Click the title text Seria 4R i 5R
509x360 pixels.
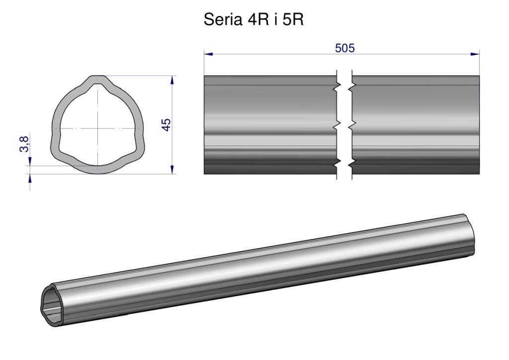[254, 20]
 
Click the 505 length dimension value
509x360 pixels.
[345, 48]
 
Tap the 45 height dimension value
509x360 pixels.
[166, 125]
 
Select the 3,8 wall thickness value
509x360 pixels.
[24, 144]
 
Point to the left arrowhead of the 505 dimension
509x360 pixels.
[208, 54]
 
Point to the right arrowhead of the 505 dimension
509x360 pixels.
[475, 54]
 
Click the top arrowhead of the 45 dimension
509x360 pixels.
[172, 80]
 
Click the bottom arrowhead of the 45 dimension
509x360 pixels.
[172, 170]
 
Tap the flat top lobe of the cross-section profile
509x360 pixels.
[97, 80]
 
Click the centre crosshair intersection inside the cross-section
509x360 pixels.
[97, 129]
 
